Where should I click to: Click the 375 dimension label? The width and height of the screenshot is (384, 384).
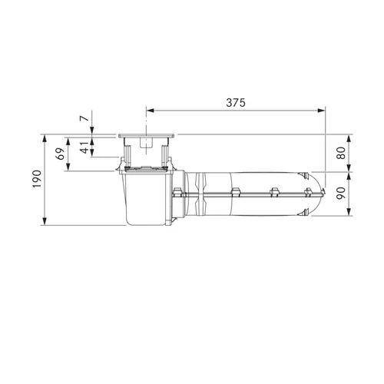pos(236,102)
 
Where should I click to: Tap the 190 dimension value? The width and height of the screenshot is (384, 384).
pos(37,179)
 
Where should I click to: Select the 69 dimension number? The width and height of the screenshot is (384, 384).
pos(61,154)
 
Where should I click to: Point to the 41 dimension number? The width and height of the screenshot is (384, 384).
pos(84,148)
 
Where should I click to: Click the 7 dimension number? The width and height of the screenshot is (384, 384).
pos(84,118)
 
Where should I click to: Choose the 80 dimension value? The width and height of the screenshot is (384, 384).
pos(341,153)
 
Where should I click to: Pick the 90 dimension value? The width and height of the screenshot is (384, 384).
pos(341,194)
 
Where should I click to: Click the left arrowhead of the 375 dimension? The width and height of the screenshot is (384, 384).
pos(150,111)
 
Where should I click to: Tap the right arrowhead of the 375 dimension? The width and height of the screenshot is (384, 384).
pos(321,111)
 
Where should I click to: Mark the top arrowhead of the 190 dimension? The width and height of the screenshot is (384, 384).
pos(45,138)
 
